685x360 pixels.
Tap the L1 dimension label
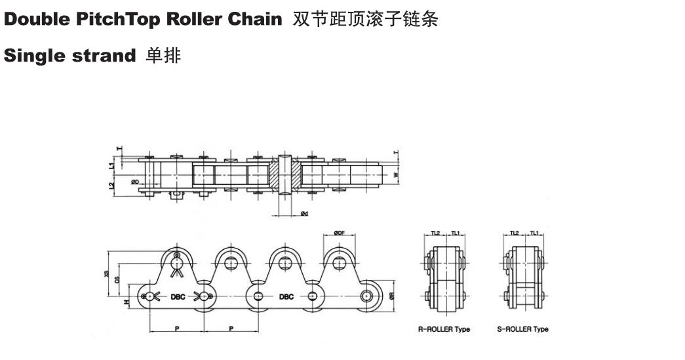pyautogui.click(x=112, y=166)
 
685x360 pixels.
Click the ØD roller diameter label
pyautogui.click(x=134, y=181)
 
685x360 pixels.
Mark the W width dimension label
pyautogui.click(x=395, y=175)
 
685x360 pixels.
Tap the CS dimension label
pyautogui.click(x=117, y=279)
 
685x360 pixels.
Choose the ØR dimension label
pyautogui.click(x=391, y=296)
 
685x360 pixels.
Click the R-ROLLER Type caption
pyautogui.click(x=444, y=329)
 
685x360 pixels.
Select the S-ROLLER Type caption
pyautogui.click(x=522, y=329)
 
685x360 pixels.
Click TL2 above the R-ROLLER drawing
pyautogui.click(x=436, y=233)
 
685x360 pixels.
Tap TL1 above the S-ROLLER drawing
pyautogui.click(x=534, y=233)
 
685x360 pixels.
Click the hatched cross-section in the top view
pyautogui.click(x=286, y=175)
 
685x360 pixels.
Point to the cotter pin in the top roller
pyautogui.click(x=176, y=263)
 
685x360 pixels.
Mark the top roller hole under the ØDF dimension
pyautogui.click(x=338, y=263)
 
